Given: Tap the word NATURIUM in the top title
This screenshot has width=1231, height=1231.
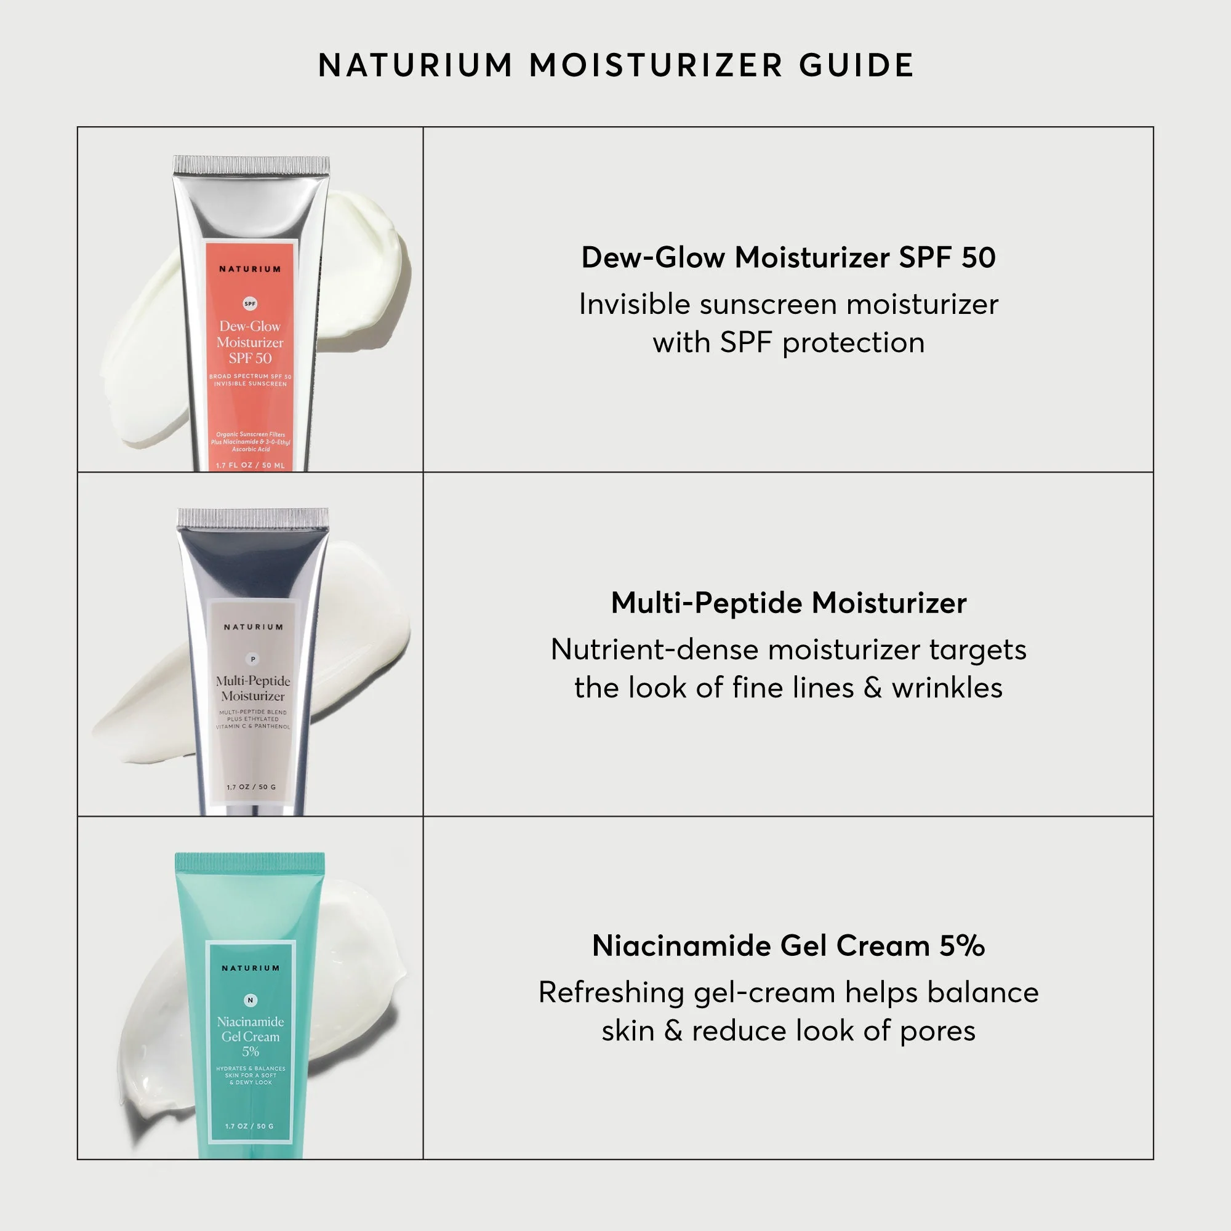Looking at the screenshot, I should tap(415, 66).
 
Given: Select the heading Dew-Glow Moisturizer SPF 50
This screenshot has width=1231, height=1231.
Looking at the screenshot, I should tap(788, 257).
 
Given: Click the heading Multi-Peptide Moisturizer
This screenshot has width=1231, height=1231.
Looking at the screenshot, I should tap(788, 603).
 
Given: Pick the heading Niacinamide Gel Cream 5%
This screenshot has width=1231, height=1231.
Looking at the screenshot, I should tap(788, 945).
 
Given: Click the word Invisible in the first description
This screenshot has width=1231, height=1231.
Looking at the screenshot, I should tap(634, 304).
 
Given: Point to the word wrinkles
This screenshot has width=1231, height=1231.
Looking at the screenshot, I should tap(947, 688).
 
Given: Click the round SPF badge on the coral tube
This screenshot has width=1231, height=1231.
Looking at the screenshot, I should tap(250, 303).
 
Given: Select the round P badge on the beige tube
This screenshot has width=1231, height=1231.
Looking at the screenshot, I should tap(253, 659).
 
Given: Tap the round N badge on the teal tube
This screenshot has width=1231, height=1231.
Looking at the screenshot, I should tap(250, 1000).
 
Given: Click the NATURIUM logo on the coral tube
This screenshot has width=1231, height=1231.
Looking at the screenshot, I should tap(250, 269).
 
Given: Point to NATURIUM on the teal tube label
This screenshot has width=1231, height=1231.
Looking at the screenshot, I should tap(250, 968).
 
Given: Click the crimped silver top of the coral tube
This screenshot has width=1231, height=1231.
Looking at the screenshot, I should tap(251, 164).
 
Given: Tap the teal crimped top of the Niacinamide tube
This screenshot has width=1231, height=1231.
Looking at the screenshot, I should tap(250, 862).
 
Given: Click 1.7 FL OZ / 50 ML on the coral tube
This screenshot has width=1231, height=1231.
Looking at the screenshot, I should tap(250, 465).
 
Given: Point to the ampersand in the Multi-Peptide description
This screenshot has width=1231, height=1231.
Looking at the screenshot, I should tap(872, 688).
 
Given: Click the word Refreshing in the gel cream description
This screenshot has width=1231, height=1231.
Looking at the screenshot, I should tap(609, 993).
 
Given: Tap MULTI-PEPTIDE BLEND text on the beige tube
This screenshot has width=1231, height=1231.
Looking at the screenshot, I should tap(253, 712).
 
